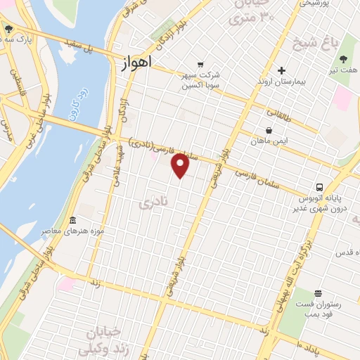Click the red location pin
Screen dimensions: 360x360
[x=181, y=166]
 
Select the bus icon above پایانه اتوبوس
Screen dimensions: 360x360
[x=320, y=187]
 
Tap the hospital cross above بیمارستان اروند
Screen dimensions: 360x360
[x=281, y=71]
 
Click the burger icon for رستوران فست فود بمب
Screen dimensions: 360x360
[x=318, y=294]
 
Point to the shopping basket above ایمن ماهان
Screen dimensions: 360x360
[x=269, y=130]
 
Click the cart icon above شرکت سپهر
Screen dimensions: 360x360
[x=202, y=63]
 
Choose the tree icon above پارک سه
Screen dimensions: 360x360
[x=8, y=30]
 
